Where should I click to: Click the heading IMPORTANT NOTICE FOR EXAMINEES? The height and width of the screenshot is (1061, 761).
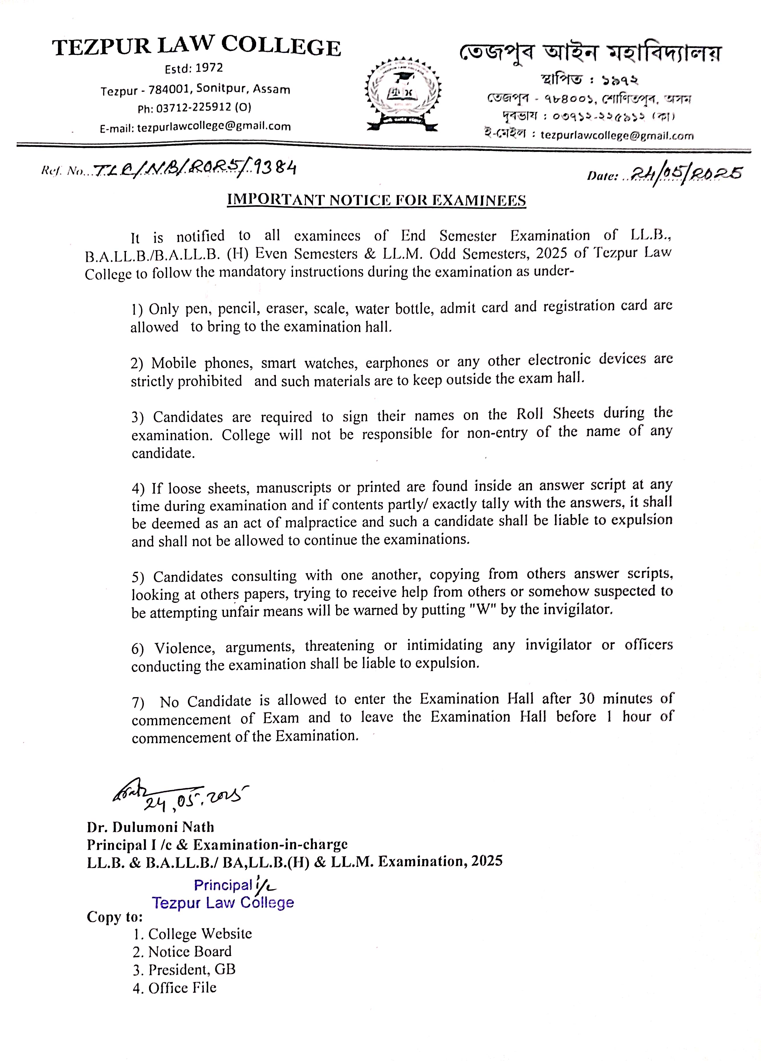[376, 200]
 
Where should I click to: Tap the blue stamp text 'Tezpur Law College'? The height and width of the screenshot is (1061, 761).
[223, 903]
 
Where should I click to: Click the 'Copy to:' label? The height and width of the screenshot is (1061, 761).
[115, 917]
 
